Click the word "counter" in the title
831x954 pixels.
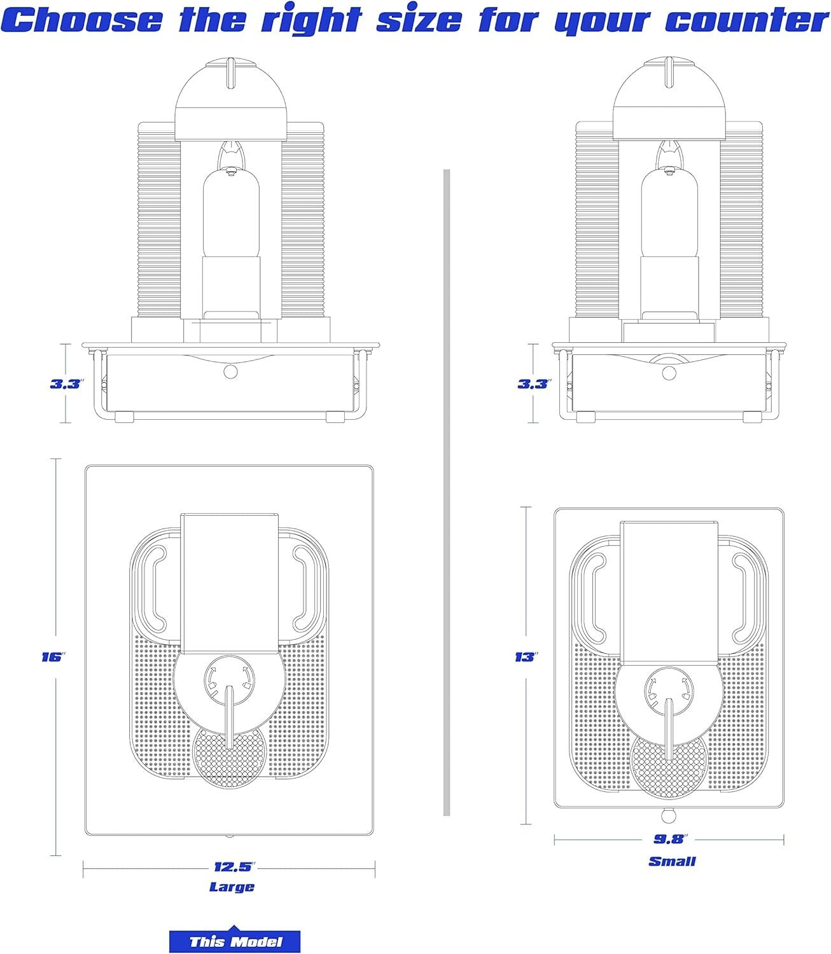746,20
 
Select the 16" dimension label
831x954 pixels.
53,657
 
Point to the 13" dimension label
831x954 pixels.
526,657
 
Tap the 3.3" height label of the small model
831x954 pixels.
534,384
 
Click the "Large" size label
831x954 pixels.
232,887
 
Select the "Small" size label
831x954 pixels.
672,861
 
